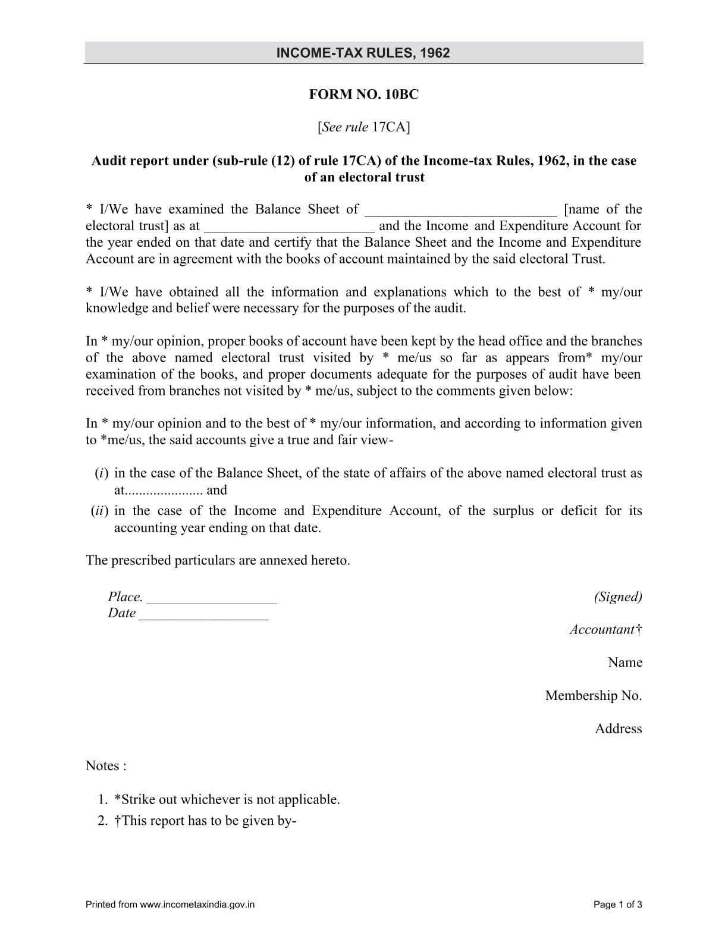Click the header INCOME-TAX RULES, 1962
point(363,53)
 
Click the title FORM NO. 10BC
point(363,95)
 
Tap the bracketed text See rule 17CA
point(363,127)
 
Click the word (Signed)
point(617,597)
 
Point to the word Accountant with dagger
point(605,630)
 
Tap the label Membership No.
point(593,696)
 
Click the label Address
point(618,729)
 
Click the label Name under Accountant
point(625,662)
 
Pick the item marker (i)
point(101,473)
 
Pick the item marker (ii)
point(99,511)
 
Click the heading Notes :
point(106,766)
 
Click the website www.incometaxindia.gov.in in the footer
point(197,905)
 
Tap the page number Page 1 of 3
point(617,905)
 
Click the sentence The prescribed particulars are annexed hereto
point(218,561)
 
